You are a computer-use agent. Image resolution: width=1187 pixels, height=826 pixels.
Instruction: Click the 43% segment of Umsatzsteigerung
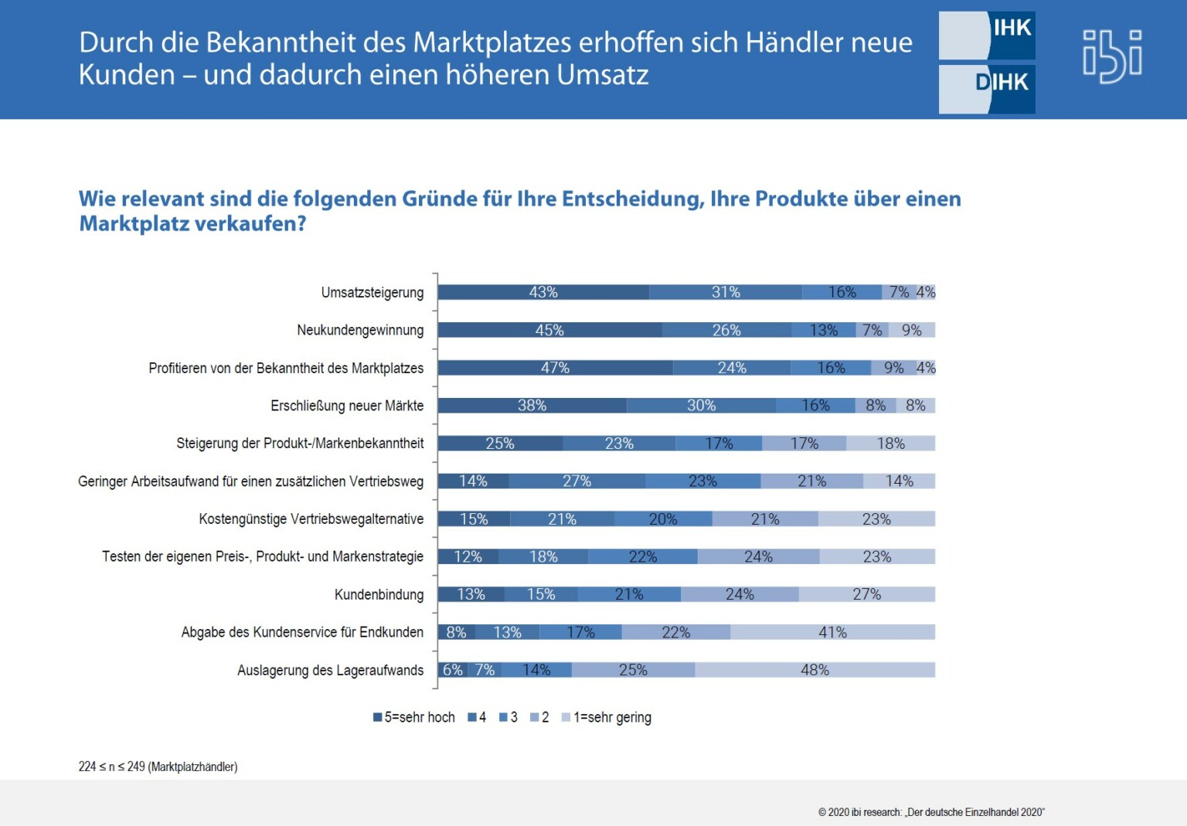[543, 292]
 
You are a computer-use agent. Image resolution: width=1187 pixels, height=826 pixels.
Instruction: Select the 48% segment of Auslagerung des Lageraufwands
[815, 670]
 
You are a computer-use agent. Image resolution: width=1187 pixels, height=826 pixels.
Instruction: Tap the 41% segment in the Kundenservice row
[832, 632]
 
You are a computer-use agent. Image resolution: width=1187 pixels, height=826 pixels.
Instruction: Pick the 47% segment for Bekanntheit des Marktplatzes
[555, 368]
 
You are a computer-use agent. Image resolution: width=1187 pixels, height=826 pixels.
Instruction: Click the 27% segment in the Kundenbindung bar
[866, 594]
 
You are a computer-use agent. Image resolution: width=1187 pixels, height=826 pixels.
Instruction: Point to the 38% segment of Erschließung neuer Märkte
[532, 406]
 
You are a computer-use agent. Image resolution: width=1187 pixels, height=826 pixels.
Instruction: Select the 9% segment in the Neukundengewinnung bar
[912, 330]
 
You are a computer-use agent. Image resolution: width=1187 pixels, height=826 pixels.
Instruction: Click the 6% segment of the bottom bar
[453, 670]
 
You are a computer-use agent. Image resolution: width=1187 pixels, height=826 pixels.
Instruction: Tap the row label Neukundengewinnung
[360, 330]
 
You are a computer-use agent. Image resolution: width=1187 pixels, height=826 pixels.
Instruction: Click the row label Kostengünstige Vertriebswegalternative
[311, 518]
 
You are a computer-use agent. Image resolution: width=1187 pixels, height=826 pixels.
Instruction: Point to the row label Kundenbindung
[379, 594]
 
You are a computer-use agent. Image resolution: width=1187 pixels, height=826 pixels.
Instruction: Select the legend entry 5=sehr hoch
[414, 717]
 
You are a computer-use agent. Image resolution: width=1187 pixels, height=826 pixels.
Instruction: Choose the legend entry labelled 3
[508, 717]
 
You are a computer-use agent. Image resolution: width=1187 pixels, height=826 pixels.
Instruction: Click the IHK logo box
[987, 35]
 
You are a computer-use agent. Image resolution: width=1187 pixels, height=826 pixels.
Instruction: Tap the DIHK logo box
[987, 88]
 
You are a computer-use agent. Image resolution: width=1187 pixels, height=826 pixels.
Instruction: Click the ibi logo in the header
[1112, 56]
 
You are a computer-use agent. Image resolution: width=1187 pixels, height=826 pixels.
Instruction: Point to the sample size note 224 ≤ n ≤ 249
[158, 767]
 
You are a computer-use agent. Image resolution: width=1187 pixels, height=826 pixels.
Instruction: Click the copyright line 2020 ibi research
[931, 812]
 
